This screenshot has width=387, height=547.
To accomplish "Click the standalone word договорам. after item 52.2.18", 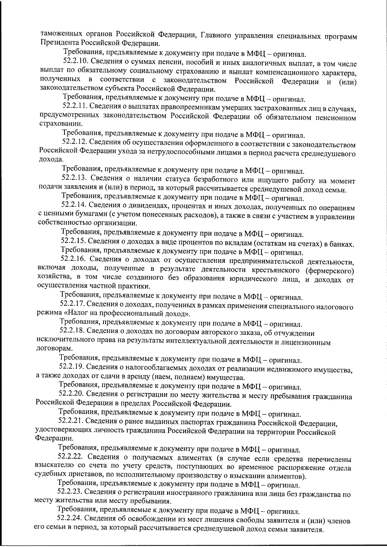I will coord(50,349).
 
